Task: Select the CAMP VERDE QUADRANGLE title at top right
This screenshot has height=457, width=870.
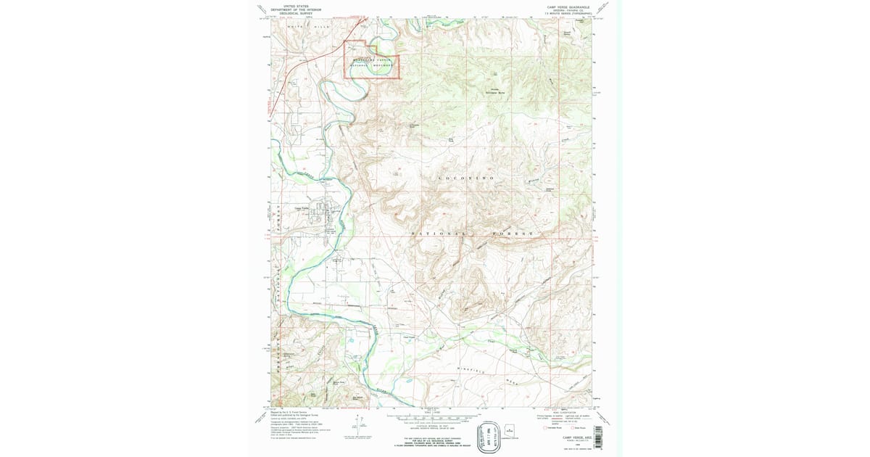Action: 569,6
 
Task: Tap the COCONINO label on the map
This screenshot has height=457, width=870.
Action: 468,178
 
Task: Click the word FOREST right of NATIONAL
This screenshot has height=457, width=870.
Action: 512,234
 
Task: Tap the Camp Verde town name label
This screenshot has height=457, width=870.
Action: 301,205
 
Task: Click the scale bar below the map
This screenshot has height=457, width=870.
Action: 427,419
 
